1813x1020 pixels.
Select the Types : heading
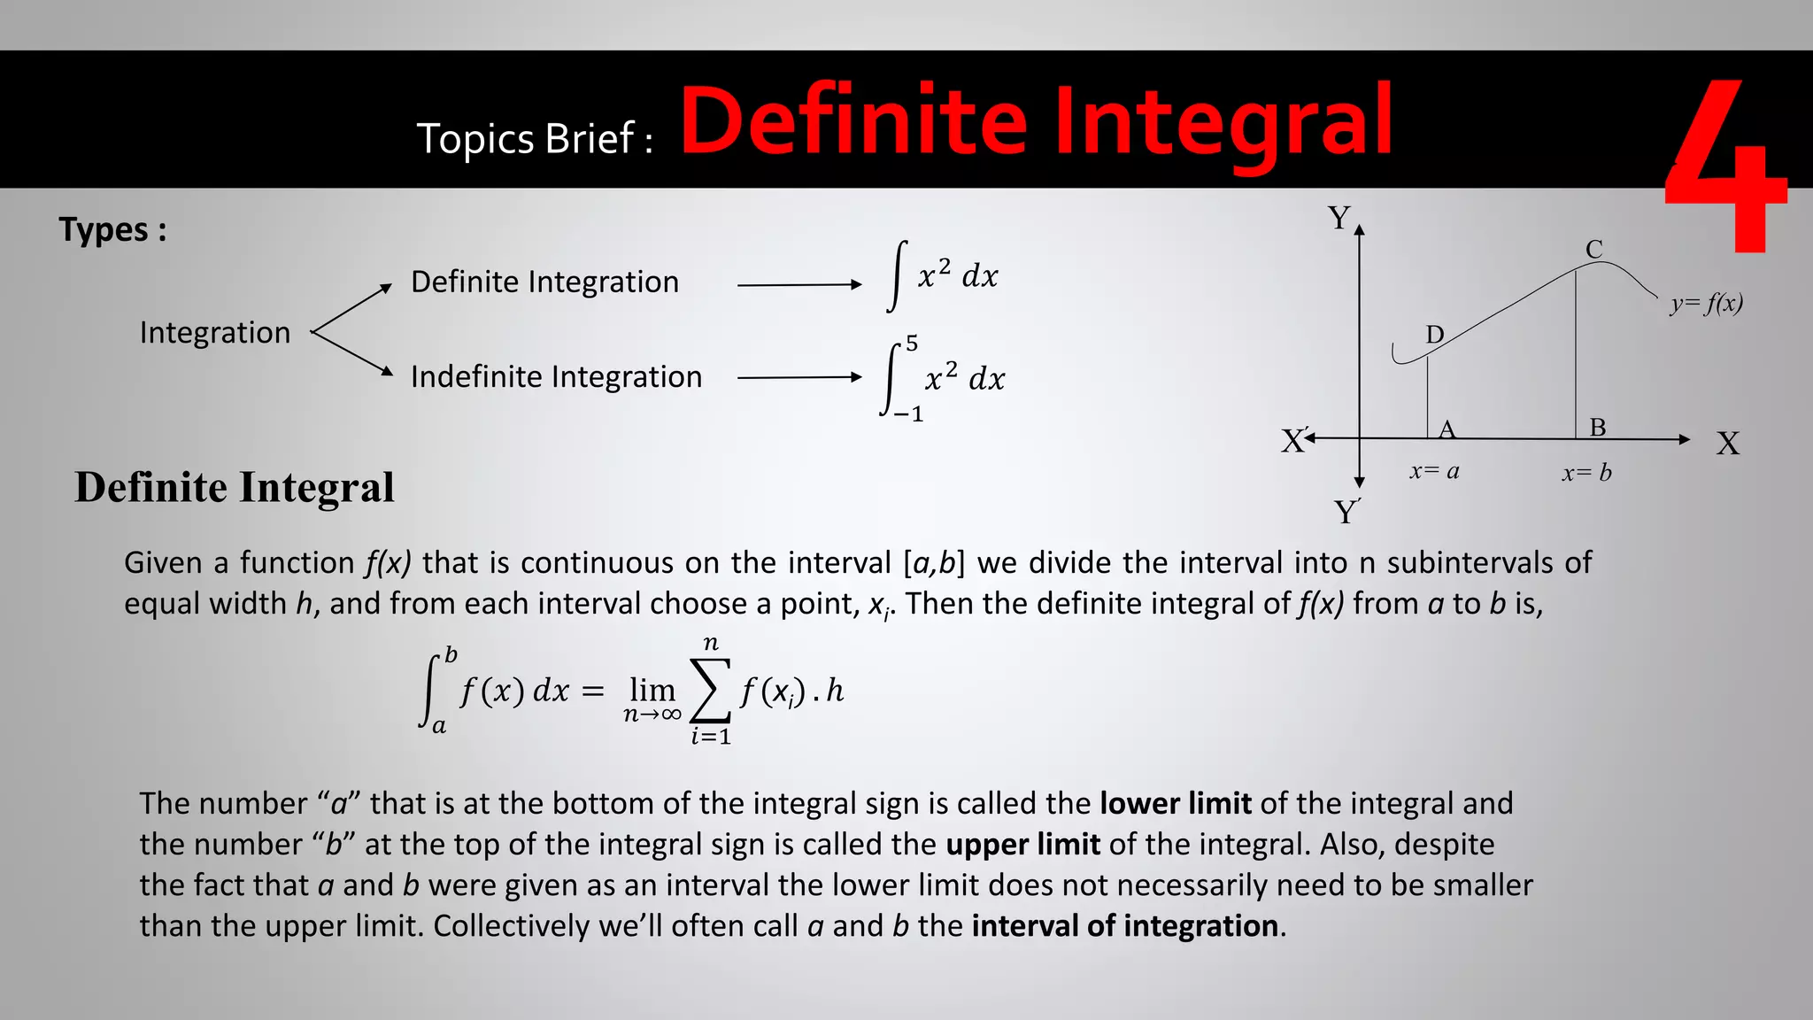coord(112,230)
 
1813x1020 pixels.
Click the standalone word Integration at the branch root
coord(215,333)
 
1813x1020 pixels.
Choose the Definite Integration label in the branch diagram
coord(544,282)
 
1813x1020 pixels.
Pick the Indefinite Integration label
coord(556,377)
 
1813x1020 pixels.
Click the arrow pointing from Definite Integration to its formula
coord(798,285)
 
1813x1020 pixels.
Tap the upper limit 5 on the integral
coord(912,344)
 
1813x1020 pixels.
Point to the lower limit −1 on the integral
coord(908,413)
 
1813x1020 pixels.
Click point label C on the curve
coord(1594,250)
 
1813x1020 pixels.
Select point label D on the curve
coord(1435,335)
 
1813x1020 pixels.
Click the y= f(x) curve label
coord(1707,304)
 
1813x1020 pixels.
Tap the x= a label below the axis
coord(1434,472)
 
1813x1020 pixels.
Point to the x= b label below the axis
coord(1586,473)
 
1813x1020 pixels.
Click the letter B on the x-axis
coord(1598,428)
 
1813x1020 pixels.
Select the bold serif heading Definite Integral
coord(235,488)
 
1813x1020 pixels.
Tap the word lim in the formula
coord(652,689)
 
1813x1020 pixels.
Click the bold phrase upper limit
coord(1022,845)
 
